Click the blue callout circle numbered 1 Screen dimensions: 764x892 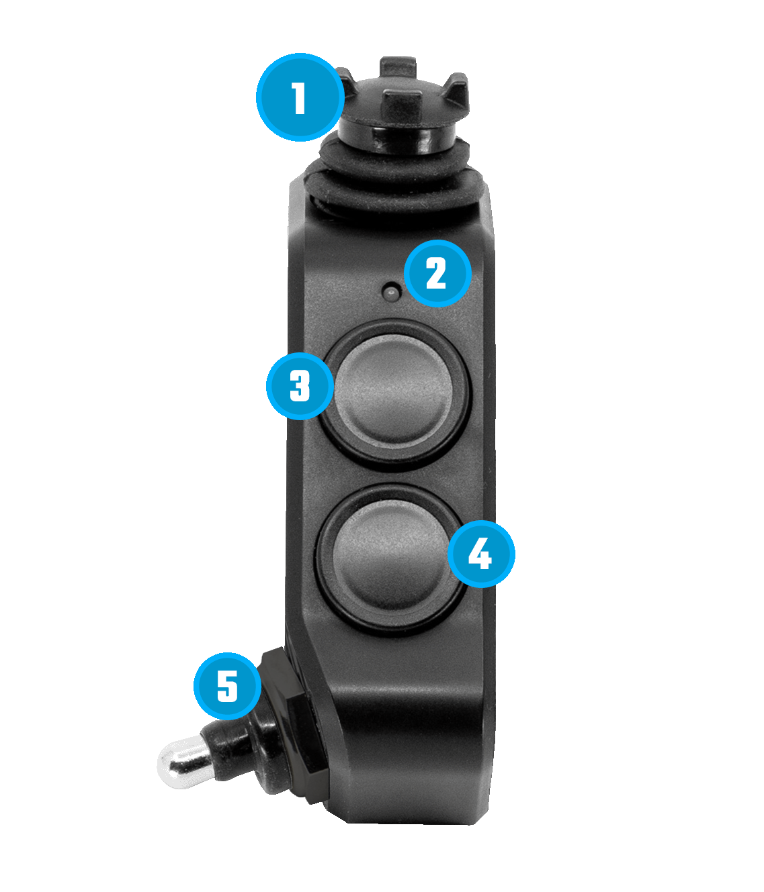click(x=300, y=97)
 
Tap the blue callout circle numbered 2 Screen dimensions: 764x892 click(x=437, y=274)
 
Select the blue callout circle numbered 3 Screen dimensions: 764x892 click(x=300, y=386)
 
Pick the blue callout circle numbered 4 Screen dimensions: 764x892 click(x=481, y=554)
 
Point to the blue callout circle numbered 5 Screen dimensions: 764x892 click(x=228, y=686)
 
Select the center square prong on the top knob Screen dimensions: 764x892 click(x=402, y=106)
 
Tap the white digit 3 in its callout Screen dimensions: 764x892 click(x=300, y=386)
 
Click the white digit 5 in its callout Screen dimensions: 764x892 click(x=227, y=686)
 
